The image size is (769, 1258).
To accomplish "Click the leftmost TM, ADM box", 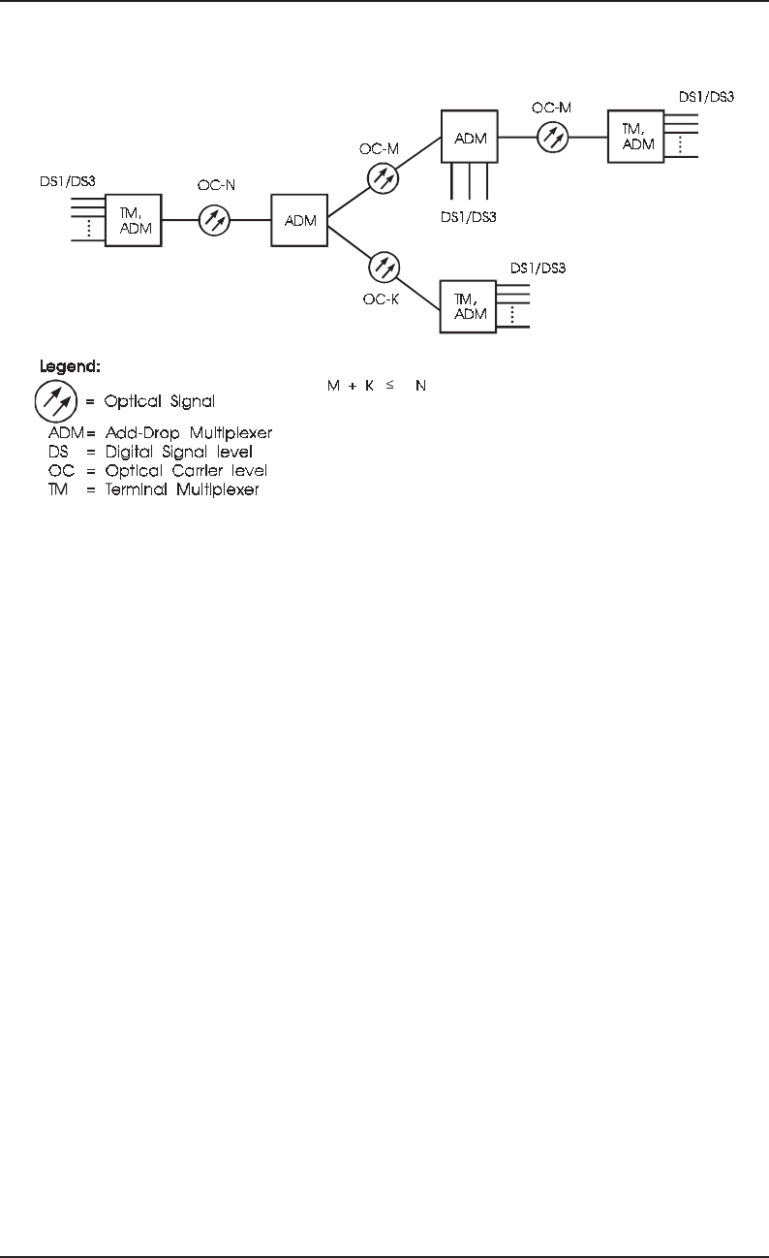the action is (x=133, y=221).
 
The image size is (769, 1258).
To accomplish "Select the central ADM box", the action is (x=299, y=222).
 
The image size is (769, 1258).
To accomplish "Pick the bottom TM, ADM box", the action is (x=469, y=306).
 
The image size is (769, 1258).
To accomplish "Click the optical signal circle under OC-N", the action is (x=215, y=221).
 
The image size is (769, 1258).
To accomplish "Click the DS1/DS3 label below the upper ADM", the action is (x=469, y=215).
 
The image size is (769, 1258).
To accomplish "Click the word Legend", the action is (x=70, y=368).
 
